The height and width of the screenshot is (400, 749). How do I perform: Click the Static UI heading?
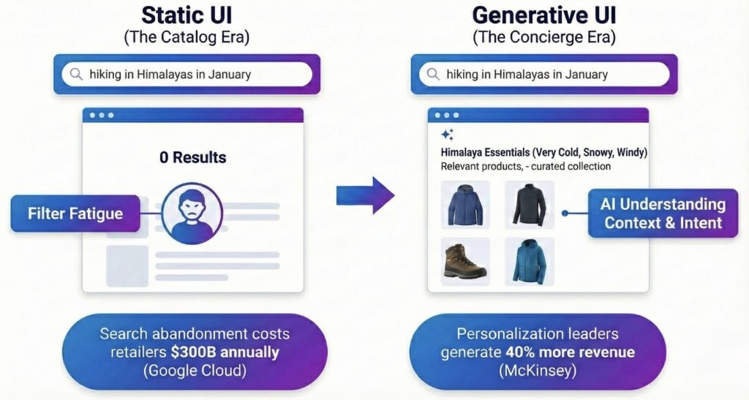point(187,15)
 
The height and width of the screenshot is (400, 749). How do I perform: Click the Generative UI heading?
point(544,15)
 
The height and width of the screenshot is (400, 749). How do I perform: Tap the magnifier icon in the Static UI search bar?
point(76,74)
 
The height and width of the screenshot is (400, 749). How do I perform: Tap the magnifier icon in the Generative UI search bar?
point(433,74)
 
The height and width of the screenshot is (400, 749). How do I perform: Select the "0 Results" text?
point(193,157)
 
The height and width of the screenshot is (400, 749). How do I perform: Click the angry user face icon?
point(192,214)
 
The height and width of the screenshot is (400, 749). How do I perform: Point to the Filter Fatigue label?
point(75,214)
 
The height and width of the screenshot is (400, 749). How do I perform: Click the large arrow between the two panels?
point(366,195)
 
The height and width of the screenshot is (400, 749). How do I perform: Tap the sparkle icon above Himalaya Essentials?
point(447,135)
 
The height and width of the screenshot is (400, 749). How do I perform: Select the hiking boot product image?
point(465,262)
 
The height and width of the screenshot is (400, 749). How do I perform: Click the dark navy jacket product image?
point(530,205)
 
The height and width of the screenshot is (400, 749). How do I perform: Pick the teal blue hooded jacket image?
point(530,262)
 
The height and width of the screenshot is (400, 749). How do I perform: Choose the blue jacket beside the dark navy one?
point(465,205)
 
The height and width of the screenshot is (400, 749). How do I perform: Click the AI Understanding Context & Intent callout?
point(663,214)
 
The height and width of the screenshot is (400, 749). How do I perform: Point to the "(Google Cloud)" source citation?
point(195,371)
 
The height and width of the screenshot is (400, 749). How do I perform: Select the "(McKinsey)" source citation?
point(538,371)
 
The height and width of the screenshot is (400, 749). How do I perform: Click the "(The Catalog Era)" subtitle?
point(187,37)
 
